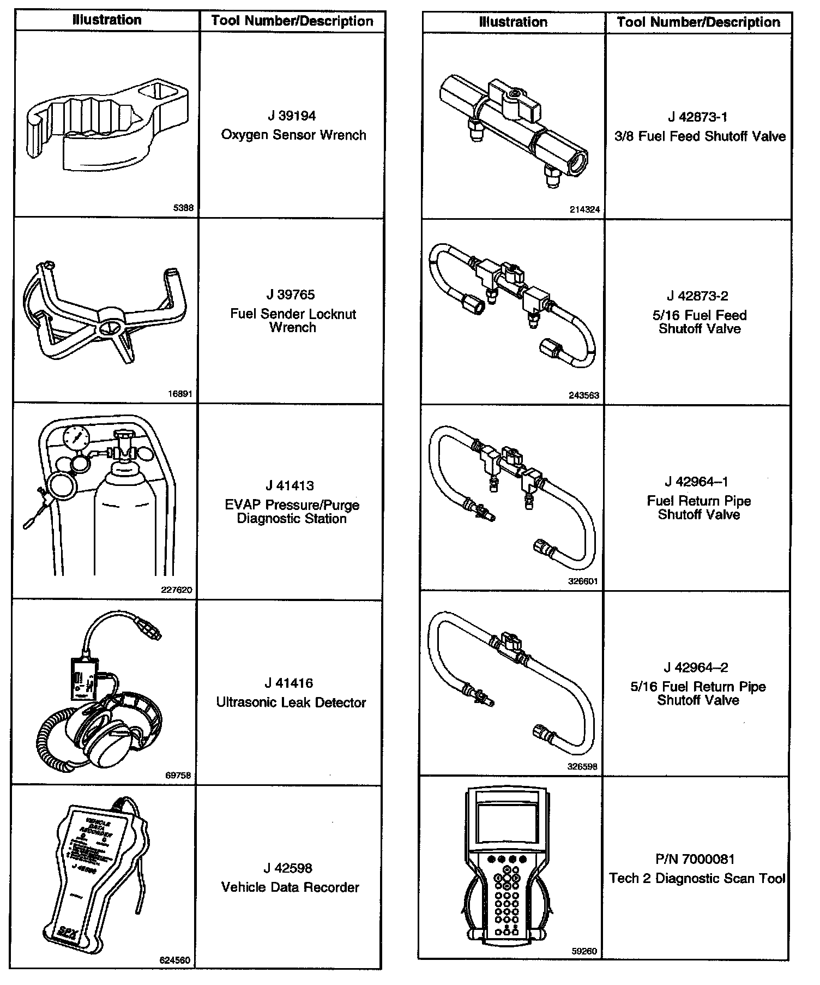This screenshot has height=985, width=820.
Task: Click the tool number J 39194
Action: pos(292,116)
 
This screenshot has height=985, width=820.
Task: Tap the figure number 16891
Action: pos(180,393)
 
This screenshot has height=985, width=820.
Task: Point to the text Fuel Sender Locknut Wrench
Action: pos(293,321)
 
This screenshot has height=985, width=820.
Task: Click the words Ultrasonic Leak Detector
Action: pos(291,702)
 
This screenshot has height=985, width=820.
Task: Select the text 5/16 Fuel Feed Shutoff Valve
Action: pos(700,322)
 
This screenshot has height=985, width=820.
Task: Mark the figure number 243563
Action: pos(583,395)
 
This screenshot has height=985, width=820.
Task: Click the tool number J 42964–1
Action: pos(696,482)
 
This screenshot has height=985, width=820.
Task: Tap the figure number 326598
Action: pos(582,766)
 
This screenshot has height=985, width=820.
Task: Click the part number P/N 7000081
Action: pos(695,859)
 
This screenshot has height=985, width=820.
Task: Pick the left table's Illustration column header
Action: pos(107,20)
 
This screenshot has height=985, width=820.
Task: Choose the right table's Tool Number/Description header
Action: pos(698,22)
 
